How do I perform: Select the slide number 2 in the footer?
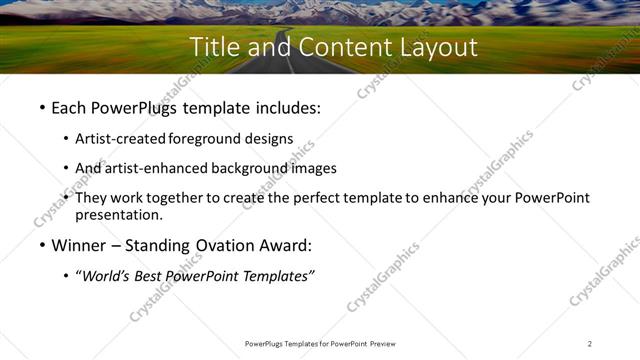coord(590,344)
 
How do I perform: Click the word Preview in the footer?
coord(376,344)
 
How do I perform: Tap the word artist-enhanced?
coord(153,168)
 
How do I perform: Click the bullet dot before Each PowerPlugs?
coord(41,107)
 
